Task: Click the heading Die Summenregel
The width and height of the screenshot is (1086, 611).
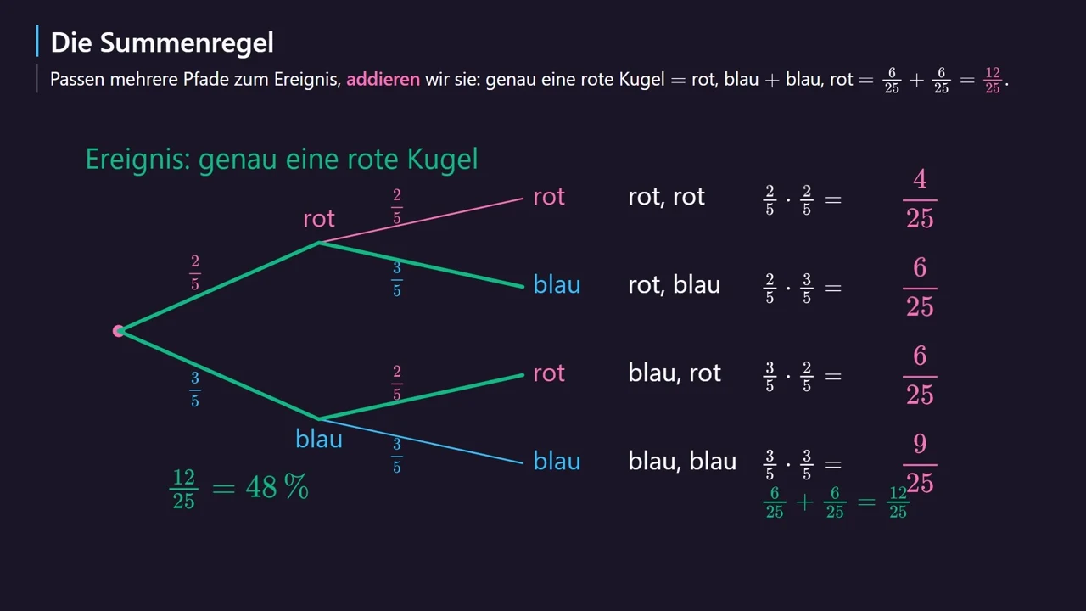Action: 162,42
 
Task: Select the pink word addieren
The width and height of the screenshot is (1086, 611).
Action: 383,79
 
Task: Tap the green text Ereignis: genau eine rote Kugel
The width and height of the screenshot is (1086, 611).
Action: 282,159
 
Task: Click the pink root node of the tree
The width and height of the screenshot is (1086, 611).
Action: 118,331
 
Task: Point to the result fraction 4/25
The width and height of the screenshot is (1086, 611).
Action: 920,199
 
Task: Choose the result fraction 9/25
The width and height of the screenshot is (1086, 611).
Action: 920,463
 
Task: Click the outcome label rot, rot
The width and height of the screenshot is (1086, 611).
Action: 666,197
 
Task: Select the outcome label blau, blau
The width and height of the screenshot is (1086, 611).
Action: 682,461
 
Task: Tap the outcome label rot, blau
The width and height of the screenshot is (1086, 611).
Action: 674,284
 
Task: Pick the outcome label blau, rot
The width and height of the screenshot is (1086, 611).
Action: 675,373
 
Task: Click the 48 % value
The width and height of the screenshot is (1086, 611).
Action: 277,487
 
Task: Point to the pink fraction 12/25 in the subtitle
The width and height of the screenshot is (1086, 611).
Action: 993,81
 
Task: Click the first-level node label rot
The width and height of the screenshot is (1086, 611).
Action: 318,219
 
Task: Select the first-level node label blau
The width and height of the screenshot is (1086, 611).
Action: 318,440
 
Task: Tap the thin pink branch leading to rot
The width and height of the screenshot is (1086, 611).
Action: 421,220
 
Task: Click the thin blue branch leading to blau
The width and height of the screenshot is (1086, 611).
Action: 421,440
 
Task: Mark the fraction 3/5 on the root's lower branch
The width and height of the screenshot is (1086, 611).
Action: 195,390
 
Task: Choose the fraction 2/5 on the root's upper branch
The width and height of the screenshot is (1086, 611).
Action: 195,272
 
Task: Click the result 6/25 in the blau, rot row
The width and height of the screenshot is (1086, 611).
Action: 920,376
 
